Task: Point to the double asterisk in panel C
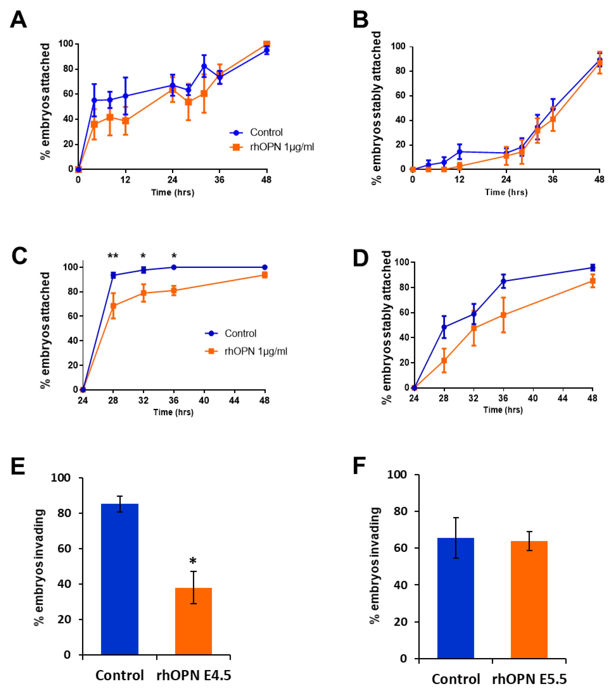[113, 256]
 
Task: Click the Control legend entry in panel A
[266, 132]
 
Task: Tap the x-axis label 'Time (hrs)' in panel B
[506, 192]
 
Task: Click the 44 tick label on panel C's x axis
[234, 401]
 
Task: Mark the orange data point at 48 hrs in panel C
[265, 275]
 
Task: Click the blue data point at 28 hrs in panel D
[444, 327]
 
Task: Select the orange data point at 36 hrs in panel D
[503, 315]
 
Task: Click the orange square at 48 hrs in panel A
[267, 44]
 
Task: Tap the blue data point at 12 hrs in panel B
[459, 152]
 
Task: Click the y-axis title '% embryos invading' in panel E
[40, 567]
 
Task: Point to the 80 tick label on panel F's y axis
[400, 511]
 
